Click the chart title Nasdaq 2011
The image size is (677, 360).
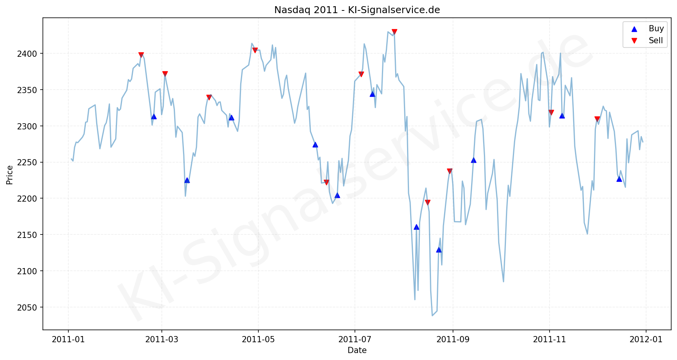[x=357, y=10]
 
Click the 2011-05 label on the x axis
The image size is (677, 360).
[x=258, y=340]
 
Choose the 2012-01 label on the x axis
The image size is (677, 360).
[x=646, y=340]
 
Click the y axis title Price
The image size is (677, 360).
[x=10, y=175]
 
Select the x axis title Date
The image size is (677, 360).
[x=357, y=350]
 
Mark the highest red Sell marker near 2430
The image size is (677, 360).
[x=394, y=32]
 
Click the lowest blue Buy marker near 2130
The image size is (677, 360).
[x=439, y=250]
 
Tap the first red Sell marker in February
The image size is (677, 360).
[x=141, y=55]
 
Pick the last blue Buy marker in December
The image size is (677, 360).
[x=619, y=179]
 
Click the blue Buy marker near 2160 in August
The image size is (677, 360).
[x=416, y=227]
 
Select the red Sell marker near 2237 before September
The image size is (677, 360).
[x=450, y=171]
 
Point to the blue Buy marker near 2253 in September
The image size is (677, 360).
[x=473, y=160]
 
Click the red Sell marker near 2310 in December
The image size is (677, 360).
[x=597, y=119]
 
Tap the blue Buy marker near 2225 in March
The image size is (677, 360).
[x=187, y=180]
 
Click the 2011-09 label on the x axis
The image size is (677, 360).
[x=452, y=340]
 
